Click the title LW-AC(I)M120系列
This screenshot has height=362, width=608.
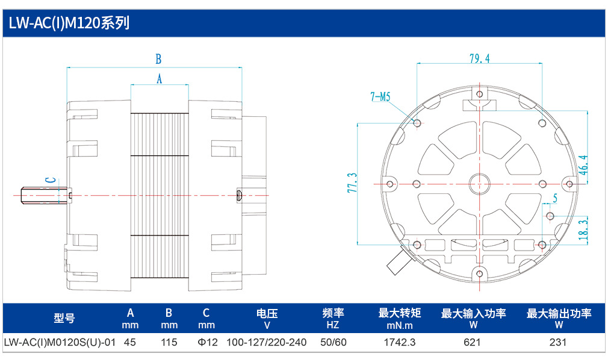coord(69,23)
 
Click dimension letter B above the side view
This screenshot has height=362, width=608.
coord(158,59)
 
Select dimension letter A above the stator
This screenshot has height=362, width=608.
coord(160,79)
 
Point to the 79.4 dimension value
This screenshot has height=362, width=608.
coord(480,58)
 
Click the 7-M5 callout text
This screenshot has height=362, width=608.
coord(380,96)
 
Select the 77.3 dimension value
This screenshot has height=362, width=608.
coord(352,183)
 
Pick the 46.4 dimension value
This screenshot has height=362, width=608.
coord(583,165)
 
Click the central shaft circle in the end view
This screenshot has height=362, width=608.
coord(480,184)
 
